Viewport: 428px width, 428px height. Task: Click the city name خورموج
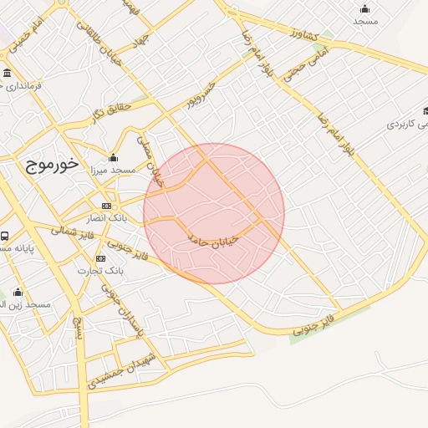point(47,164)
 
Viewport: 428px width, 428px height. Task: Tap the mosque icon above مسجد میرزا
point(114,158)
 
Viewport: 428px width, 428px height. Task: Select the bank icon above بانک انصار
point(106,206)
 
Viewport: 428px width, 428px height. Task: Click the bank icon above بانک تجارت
point(101,258)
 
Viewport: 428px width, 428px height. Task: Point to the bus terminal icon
point(5,236)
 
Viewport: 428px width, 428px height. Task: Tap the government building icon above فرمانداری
point(8,73)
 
